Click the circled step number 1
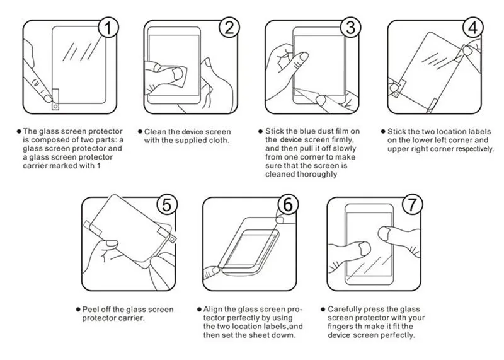tap(108, 27)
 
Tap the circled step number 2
tap(229, 27)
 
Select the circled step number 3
tap(351, 27)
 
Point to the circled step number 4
tap(473, 27)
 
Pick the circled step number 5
tap(167, 204)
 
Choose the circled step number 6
tap(288, 204)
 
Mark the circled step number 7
tap(413, 204)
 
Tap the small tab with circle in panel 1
tap(55, 100)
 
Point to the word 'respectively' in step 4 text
tap(474, 149)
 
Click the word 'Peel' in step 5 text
tap(90, 309)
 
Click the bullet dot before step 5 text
tap(78, 310)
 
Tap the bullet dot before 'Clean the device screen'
tap(140, 131)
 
